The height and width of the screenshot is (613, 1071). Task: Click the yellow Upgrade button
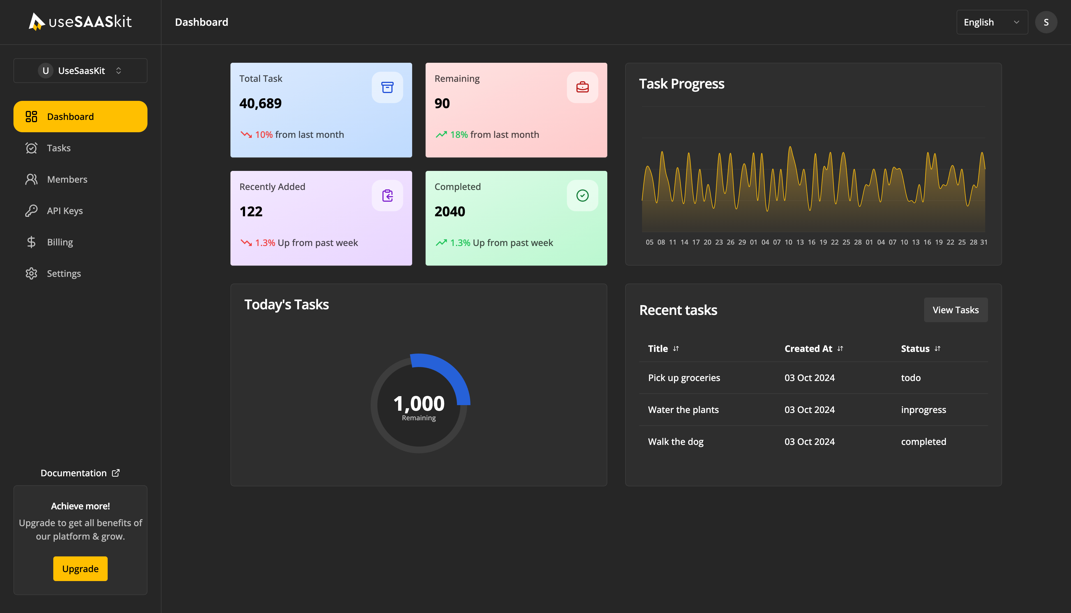tap(80, 568)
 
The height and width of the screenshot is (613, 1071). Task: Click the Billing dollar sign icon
tap(31, 242)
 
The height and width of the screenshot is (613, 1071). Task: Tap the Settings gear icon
tap(31, 274)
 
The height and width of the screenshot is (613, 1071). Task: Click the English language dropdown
tap(992, 22)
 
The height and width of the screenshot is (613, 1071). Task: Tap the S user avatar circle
tap(1046, 22)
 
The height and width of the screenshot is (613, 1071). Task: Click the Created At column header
tap(808, 349)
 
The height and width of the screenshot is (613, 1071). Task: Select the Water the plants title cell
tap(683, 410)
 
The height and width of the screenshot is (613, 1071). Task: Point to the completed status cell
tap(923, 442)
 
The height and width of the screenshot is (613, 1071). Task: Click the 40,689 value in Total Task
tap(260, 103)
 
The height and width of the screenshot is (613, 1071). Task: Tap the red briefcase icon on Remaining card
tap(582, 87)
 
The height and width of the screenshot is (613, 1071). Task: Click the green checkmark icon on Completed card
tap(582, 195)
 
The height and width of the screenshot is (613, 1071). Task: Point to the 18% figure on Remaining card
tap(459, 135)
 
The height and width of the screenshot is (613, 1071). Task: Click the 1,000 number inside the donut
tap(419, 403)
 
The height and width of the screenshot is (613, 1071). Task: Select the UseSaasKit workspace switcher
tap(80, 71)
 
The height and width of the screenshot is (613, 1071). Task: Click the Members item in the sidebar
tap(67, 179)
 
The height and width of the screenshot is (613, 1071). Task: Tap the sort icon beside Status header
tap(938, 349)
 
